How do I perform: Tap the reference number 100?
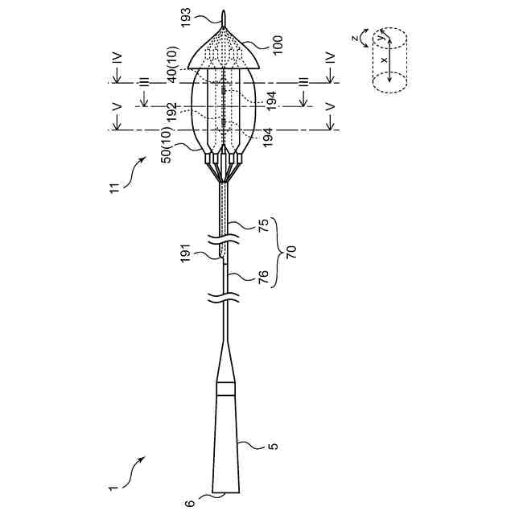tap(277, 45)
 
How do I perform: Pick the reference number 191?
tap(186, 253)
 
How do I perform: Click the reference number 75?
tap(263, 225)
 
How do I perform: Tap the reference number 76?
tap(263, 277)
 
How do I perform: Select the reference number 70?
tap(291, 252)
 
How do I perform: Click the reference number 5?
tap(273, 446)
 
